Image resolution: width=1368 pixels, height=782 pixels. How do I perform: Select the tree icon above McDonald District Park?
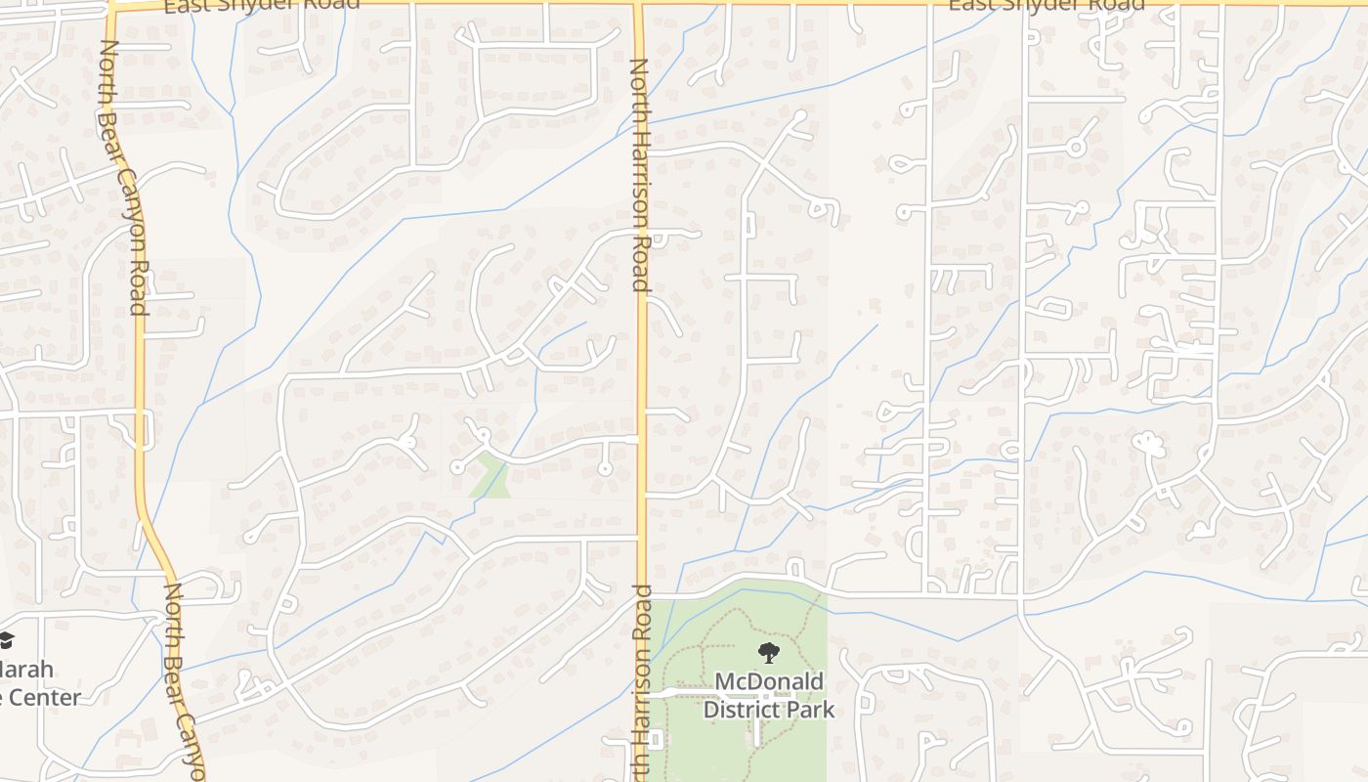769,652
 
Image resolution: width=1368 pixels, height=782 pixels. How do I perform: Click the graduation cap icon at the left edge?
6,640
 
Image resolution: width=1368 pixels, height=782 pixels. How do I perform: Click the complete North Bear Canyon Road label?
124,178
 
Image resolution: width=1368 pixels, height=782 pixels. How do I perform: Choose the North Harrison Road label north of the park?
639,176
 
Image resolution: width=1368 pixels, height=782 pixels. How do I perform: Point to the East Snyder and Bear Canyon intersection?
110,7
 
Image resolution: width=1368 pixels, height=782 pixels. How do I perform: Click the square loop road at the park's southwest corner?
654,740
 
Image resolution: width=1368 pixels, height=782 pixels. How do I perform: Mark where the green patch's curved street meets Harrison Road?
639,439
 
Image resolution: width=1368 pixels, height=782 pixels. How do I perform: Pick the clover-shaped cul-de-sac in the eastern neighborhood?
1149,446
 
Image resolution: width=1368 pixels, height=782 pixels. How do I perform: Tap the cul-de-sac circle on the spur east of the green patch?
605,469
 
